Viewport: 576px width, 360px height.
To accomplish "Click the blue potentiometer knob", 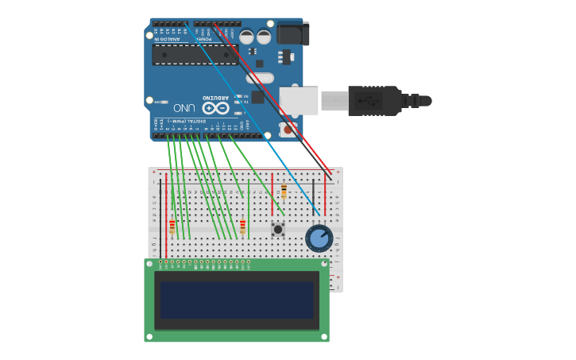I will (x=319, y=238).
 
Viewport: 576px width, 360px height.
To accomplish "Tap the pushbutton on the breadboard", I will (x=278, y=229).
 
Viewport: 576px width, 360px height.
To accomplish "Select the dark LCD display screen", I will (x=237, y=300).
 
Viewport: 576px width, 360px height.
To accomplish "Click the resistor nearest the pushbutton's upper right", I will (x=284, y=192).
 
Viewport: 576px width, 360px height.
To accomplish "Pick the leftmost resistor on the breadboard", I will (x=172, y=227).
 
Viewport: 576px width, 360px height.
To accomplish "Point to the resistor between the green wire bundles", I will (x=242, y=227).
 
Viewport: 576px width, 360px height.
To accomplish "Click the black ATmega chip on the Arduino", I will (x=195, y=55).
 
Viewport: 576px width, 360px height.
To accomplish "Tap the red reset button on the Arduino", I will (x=288, y=129).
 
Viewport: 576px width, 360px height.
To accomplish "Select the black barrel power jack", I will (x=292, y=33).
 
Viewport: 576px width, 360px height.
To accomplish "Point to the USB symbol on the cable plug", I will (x=368, y=101).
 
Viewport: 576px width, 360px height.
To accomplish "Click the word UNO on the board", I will (x=184, y=107).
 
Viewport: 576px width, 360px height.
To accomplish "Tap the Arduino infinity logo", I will (x=215, y=107).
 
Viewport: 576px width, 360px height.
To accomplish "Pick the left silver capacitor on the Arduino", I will (x=247, y=37).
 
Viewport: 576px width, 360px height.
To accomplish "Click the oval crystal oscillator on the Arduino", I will (x=259, y=78).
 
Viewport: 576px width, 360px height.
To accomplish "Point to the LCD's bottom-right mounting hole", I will (x=323, y=337).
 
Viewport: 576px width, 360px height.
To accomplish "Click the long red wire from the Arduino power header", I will (x=270, y=95).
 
